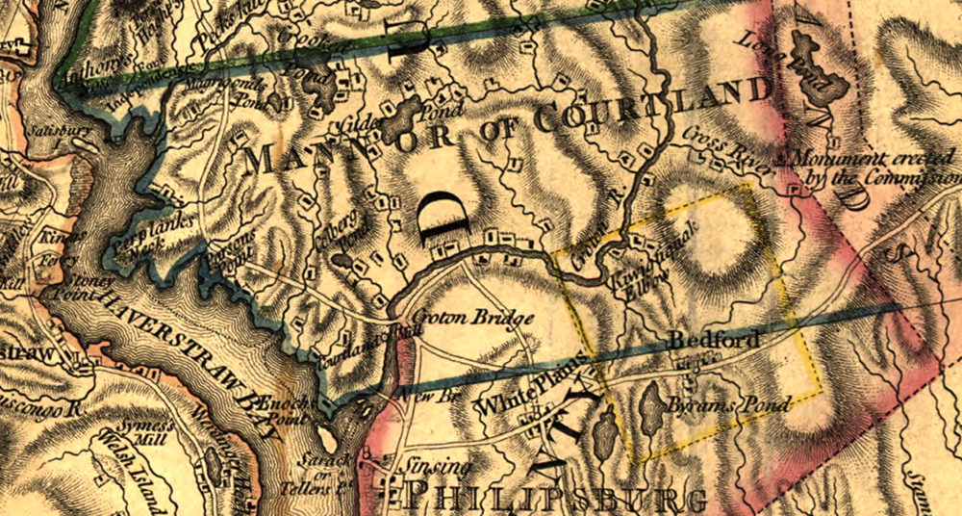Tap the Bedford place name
pyautogui.click(x=712, y=341)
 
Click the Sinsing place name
pyautogui.click(x=440, y=468)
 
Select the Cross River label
pyautogui.click(x=730, y=148)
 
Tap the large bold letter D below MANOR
pyautogui.click(x=445, y=216)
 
